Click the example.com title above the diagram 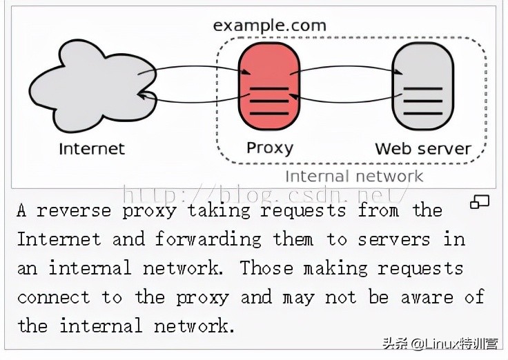click(x=269, y=26)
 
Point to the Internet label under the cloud click(x=92, y=149)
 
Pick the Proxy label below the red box click(x=270, y=148)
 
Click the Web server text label click(x=422, y=148)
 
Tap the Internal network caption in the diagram click(x=354, y=176)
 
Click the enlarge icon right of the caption click(x=479, y=202)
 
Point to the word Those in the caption click(x=266, y=268)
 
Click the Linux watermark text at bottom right click(x=449, y=342)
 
